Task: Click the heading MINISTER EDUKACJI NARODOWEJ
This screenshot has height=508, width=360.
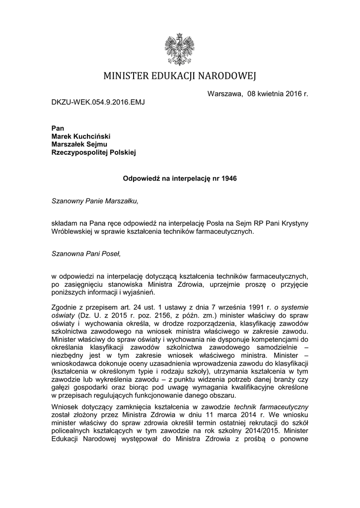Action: tap(180, 76)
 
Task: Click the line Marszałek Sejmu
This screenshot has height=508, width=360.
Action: tap(80, 144)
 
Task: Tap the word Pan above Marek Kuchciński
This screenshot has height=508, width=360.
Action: tap(58, 128)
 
